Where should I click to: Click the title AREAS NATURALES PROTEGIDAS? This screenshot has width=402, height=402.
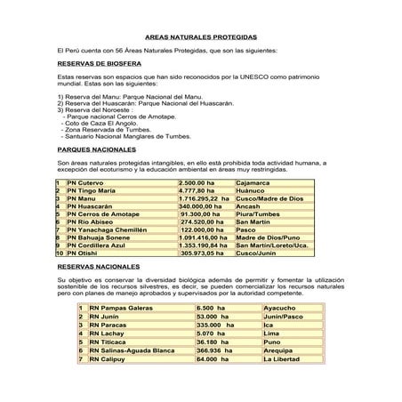pyautogui.click(x=200, y=39)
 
